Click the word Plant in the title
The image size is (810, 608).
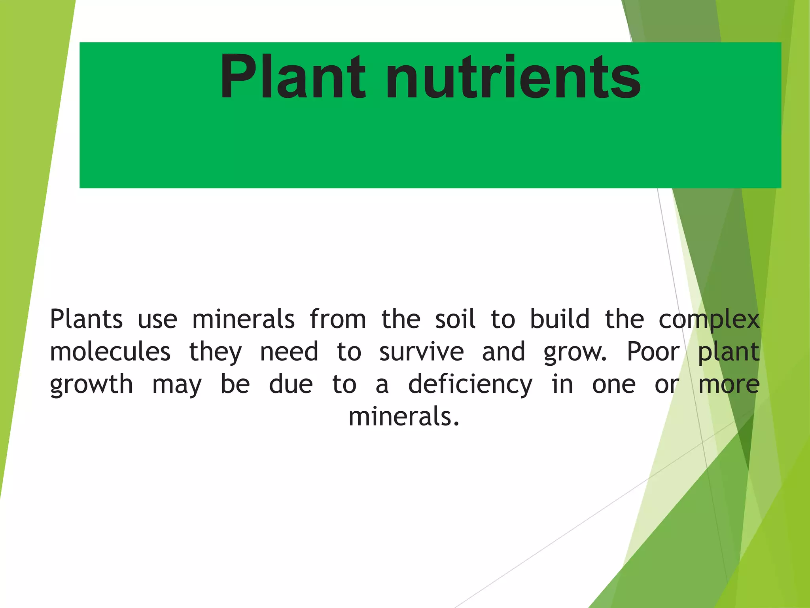point(293,77)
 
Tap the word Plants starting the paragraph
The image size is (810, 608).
point(86,319)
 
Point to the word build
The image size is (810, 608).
point(559,319)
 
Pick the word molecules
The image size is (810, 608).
point(110,351)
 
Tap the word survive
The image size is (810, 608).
point(421,351)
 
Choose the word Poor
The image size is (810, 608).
point(653,351)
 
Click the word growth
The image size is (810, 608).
point(91,385)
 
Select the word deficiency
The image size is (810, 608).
point(470,385)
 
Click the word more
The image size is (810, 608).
point(729,385)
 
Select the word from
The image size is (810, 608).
point(338,319)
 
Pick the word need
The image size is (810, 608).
point(289,351)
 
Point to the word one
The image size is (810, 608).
point(614,385)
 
